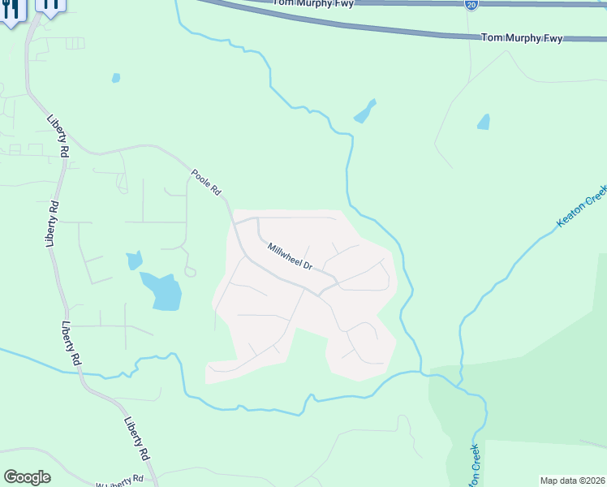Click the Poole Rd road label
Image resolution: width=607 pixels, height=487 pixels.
pos(206,183)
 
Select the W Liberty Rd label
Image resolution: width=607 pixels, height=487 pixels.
pos(124,482)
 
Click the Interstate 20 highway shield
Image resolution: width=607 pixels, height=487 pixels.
pos(471,5)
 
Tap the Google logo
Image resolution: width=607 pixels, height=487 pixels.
pos(27,477)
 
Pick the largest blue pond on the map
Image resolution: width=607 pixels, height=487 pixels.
pos(161,291)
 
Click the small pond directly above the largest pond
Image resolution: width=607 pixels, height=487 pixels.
pos(134,261)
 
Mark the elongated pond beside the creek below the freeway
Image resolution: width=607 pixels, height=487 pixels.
pos(365,111)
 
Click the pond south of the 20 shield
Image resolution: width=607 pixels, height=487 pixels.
pos(484,122)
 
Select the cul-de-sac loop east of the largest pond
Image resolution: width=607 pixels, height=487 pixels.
pos(190,271)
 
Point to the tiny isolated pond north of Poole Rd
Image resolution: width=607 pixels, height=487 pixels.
pos(116,78)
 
